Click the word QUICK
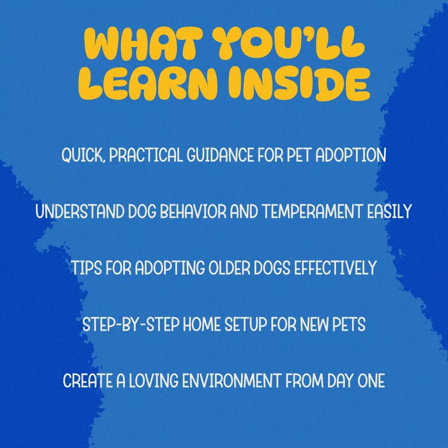83,155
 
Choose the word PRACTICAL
146,155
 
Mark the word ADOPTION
351,155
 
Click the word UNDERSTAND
80,211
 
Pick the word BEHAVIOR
193,211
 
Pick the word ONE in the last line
371,380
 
